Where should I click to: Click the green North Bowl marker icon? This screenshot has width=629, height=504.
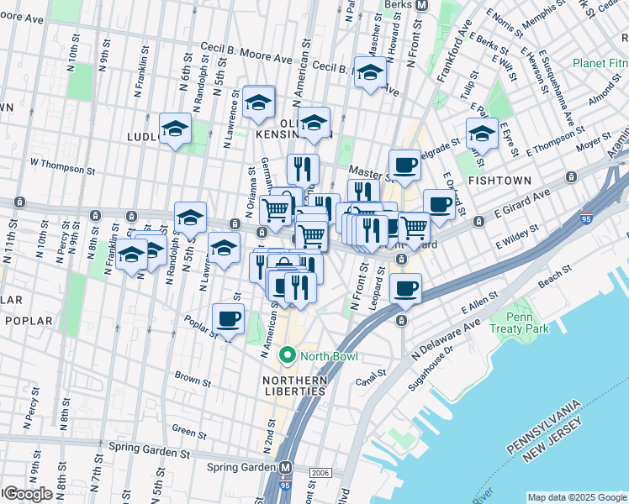coord(288,356)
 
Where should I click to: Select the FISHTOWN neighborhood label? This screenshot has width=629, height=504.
coord(499,180)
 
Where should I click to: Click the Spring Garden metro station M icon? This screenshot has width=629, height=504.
coord(286,467)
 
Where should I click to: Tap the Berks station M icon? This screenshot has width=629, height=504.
coord(423,4)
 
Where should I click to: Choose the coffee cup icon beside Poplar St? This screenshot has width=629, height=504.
coord(228,319)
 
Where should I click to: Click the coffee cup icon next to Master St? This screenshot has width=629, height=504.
coord(404,165)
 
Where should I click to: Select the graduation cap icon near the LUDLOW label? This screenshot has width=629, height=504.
coord(175,129)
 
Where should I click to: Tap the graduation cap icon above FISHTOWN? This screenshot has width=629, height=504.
coord(482,133)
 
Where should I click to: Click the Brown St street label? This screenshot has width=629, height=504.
coord(192,380)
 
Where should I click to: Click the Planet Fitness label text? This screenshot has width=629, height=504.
coord(600,63)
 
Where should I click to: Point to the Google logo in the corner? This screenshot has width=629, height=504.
coord(28,494)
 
